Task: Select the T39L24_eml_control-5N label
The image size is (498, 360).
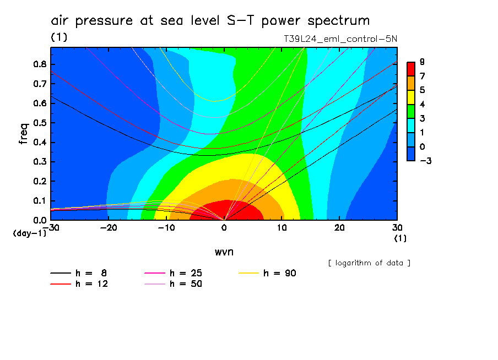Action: click(339, 39)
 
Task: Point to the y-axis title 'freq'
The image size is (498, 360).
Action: click(23, 133)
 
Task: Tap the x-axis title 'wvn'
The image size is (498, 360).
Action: click(224, 252)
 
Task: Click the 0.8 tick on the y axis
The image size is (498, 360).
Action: click(39, 64)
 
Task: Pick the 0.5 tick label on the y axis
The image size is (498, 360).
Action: click(39, 123)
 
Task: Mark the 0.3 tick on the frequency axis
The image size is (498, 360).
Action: click(39, 162)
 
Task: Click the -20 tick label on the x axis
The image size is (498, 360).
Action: click(109, 227)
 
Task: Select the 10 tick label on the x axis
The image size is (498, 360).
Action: click(282, 227)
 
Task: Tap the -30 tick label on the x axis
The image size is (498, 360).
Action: click(51, 227)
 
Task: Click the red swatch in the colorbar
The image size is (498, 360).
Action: click(410, 69)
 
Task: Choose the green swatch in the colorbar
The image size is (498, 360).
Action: click(410, 111)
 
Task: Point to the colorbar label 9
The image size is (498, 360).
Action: click(421, 62)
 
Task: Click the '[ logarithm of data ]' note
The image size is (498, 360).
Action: click(369, 263)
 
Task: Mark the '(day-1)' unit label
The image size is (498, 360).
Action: click(29, 233)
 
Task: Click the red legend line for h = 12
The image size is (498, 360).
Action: click(61, 284)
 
